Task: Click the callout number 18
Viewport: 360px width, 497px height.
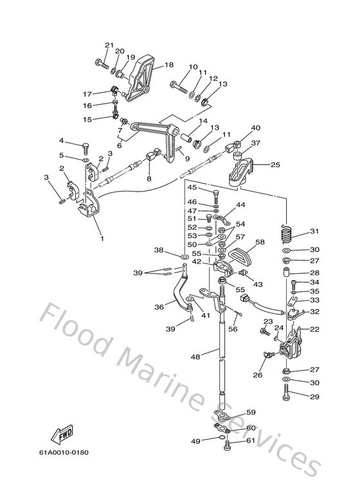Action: pyautogui.click(x=168, y=65)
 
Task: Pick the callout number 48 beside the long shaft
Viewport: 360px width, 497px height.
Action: pyautogui.click(x=195, y=356)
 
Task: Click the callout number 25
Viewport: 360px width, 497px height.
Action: pyautogui.click(x=275, y=165)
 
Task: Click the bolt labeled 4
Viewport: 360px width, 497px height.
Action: pyautogui.click(x=85, y=145)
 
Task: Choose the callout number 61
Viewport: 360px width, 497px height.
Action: pyautogui.click(x=251, y=441)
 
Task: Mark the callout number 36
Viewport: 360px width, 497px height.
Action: pyautogui.click(x=158, y=307)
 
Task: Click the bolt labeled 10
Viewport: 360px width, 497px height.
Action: pyautogui.click(x=179, y=84)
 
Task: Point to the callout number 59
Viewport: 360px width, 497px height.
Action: pyautogui.click(x=251, y=412)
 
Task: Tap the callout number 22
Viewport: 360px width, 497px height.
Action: pyautogui.click(x=314, y=329)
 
